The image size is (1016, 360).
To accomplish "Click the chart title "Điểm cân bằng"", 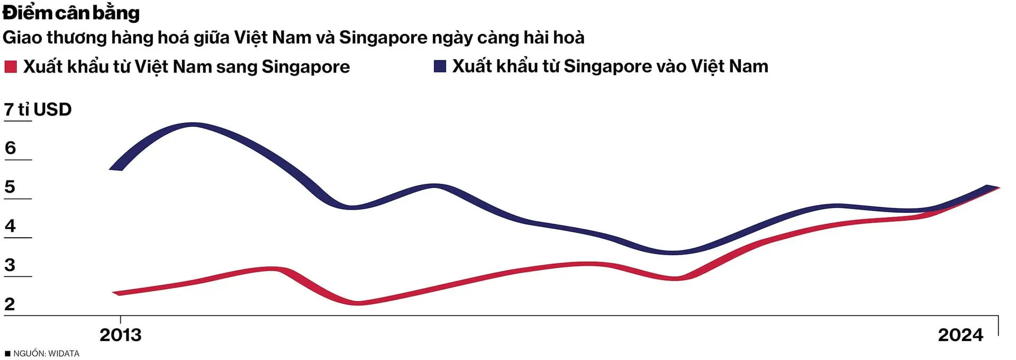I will [71, 13].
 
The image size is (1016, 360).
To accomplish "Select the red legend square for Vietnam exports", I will [11, 67].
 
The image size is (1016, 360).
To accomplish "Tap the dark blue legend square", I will [440, 66].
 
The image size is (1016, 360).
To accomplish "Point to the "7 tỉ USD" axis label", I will [38, 110].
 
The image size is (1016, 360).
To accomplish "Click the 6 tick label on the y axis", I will [10, 148].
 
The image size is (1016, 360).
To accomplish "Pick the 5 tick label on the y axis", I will [10, 187].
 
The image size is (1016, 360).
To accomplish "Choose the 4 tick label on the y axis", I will [10, 226].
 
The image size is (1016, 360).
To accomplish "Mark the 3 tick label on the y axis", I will [10, 265].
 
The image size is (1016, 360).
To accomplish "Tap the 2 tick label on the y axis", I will [10, 304].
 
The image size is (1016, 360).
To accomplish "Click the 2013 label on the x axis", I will [121, 335].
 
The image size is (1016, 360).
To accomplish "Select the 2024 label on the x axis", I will [960, 335].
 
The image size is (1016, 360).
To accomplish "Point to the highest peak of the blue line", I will [192, 125].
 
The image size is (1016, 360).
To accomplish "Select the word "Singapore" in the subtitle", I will [383, 38].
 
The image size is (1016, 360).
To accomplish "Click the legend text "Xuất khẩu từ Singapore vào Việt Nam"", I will [610, 66].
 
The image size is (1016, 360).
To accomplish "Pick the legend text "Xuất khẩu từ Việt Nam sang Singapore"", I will [186, 67].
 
